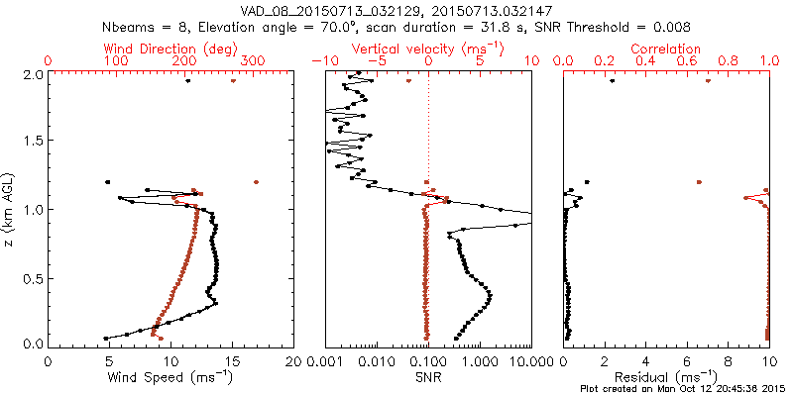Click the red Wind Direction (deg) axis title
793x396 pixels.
pyautogui.click(x=170, y=49)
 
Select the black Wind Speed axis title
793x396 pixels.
pyautogui.click(x=170, y=377)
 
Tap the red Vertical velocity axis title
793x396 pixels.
pyautogui.click(x=427, y=49)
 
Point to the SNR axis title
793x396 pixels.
pyautogui.click(x=428, y=377)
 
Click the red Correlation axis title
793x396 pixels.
pyautogui.click(x=665, y=49)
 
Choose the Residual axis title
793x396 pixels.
pyautogui.click(x=665, y=377)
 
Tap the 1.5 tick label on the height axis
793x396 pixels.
pyautogui.click(x=34, y=140)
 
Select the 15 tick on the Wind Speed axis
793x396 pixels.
pyautogui.click(x=232, y=362)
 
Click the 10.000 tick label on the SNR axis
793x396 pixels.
pyautogui.click(x=526, y=362)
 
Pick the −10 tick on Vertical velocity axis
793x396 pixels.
pyautogui.click(x=325, y=61)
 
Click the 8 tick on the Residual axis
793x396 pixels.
pyautogui.click(x=729, y=362)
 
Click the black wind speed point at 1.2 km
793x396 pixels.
pyautogui.click(x=107, y=182)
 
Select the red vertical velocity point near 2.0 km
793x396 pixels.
pyautogui.click(x=408, y=81)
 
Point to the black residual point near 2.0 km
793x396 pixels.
pyautogui.click(x=612, y=81)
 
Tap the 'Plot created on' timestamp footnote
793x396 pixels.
pyautogui.click(x=685, y=389)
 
